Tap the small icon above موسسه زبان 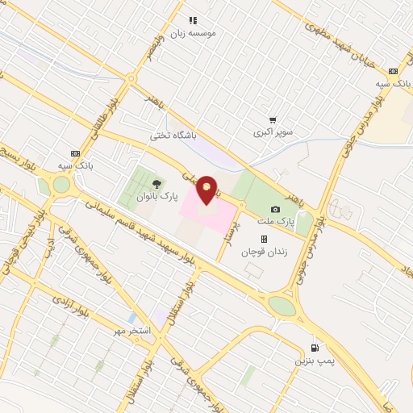click(193, 20)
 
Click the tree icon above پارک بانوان click(156, 184)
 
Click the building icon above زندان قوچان click(263, 239)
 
